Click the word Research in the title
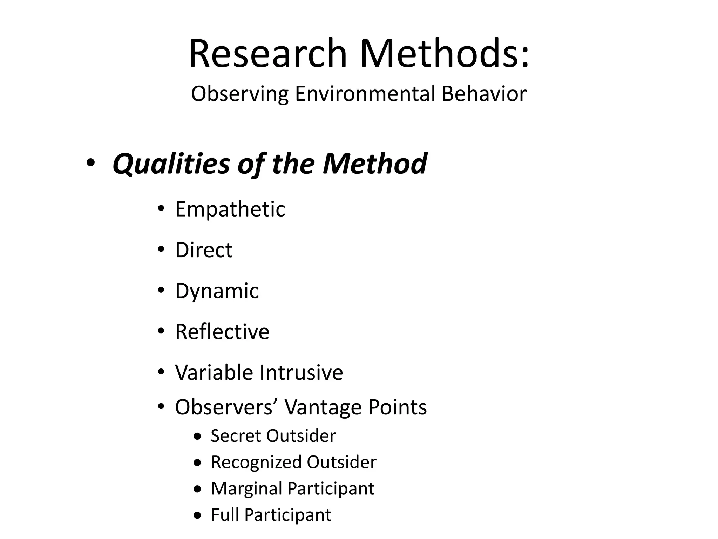click(268, 54)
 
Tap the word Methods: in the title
click(445, 54)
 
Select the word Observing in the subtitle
click(240, 94)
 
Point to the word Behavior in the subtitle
click(484, 94)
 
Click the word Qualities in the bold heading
click(171, 164)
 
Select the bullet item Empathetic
click(230, 209)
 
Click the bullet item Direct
click(204, 250)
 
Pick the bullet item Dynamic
click(217, 291)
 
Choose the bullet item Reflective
click(222, 332)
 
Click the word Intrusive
click(301, 372)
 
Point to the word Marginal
click(246, 488)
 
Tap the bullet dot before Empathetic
click(161, 209)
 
